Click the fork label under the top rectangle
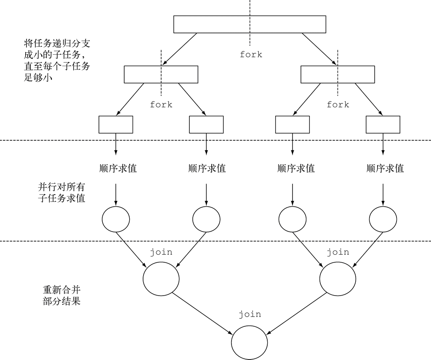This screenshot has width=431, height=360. (251, 54)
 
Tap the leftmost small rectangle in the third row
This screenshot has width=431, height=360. (116, 124)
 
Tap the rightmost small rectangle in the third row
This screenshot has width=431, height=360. (383, 124)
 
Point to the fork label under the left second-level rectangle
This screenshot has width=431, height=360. (161, 104)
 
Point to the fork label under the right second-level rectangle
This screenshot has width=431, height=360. (338, 104)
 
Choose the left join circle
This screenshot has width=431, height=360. (161, 279)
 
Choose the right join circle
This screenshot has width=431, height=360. (338, 279)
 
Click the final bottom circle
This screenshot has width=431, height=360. (250, 341)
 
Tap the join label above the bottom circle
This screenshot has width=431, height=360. (250, 314)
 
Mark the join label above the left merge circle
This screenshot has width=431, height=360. (161, 252)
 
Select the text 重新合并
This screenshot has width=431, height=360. (61, 290)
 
